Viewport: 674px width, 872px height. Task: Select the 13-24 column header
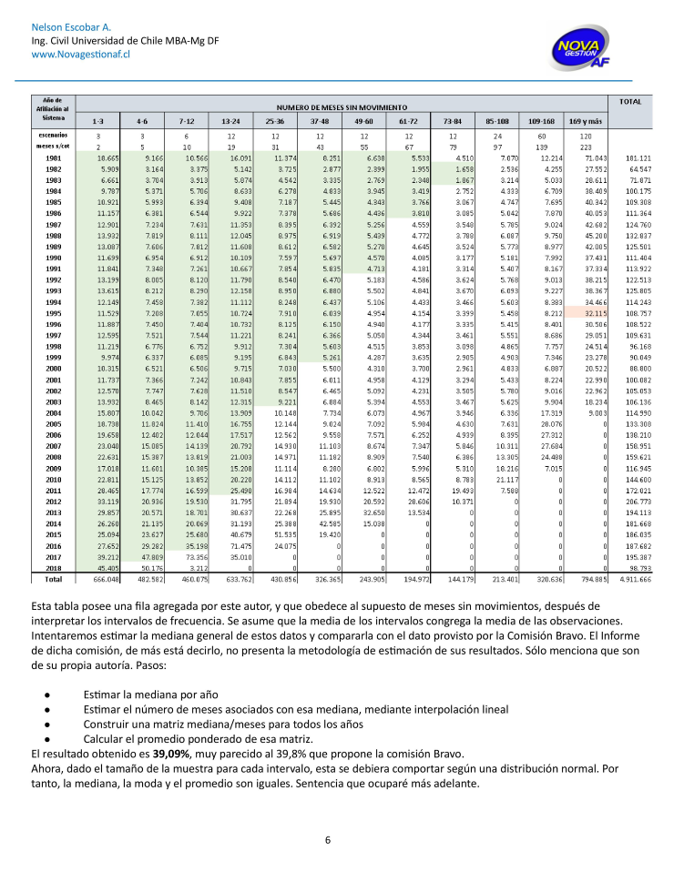click(230, 120)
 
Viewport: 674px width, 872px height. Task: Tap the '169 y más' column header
click(585, 120)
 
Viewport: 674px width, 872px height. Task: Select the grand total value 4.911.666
click(631, 578)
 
